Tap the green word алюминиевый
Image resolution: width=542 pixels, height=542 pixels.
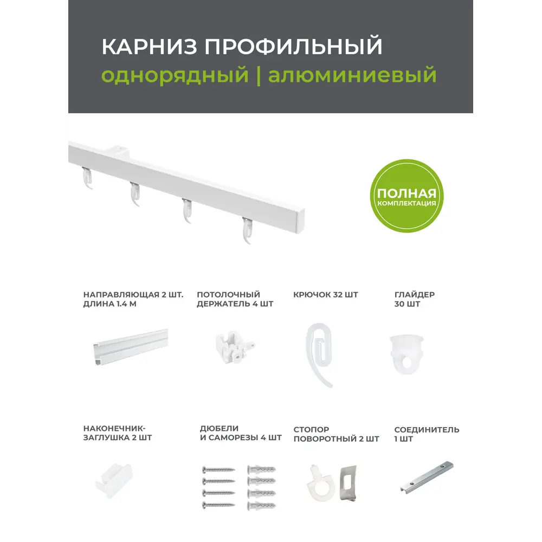[x=352, y=75]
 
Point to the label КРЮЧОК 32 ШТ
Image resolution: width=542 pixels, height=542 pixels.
[x=326, y=295]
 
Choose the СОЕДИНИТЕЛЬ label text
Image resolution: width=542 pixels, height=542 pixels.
[x=427, y=430]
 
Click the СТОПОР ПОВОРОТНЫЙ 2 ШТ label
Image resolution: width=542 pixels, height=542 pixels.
[x=336, y=434]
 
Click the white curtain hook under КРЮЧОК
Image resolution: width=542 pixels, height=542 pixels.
[x=319, y=352]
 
